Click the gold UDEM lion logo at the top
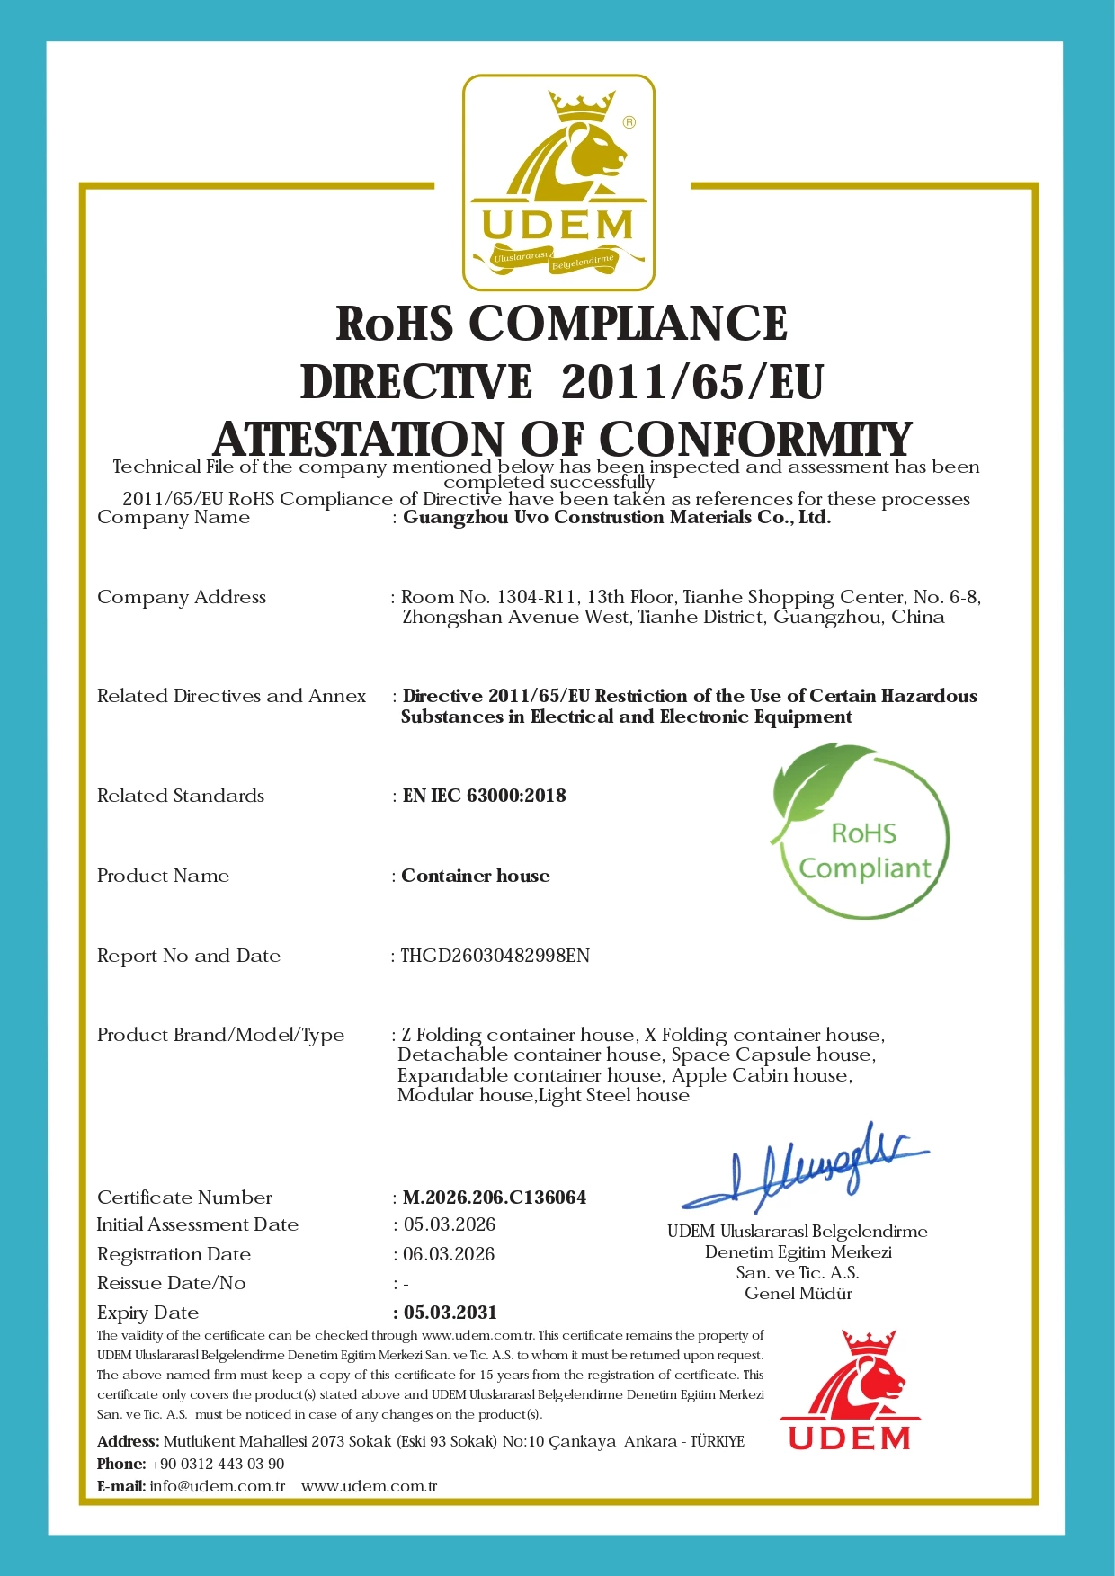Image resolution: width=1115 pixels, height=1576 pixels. point(558,183)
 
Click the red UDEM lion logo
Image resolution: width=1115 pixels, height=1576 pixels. point(850,1390)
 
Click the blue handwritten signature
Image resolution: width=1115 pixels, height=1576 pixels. point(804,1168)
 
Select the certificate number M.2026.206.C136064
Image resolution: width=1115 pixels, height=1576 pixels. point(495,1198)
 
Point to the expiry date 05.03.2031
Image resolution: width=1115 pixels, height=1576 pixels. point(450,1313)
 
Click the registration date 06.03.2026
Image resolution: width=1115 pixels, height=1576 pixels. point(449,1254)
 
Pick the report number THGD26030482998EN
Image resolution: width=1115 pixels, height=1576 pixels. point(495,956)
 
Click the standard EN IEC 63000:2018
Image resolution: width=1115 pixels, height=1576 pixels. point(484,796)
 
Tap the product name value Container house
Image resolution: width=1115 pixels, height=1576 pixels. point(476,876)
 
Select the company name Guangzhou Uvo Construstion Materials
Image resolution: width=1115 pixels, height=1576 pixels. point(616,517)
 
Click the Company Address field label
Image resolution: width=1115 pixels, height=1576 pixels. point(182,597)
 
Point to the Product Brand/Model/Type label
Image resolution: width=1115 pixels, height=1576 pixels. point(220,1035)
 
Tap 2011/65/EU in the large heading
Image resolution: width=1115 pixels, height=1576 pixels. point(691,382)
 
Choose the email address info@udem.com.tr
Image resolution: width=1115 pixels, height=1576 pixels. point(218,1486)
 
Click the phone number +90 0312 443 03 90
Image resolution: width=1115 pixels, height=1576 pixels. point(218,1464)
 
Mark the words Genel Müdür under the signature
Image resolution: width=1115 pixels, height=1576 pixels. point(798,1294)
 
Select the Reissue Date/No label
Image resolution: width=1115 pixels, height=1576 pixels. point(171,1283)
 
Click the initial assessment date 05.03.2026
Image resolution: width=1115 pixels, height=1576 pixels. point(450,1224)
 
